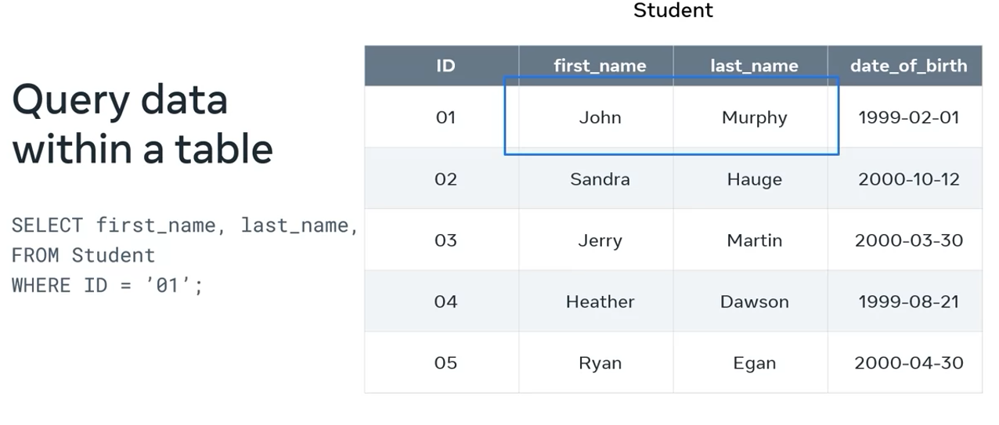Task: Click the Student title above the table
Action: [x=673, y=11]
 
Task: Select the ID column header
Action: [x=445, y=66]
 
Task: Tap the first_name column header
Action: [x=600, y=66]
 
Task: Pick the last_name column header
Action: [x=754, y=66]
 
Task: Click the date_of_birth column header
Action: [x=908, y=66]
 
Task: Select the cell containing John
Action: [x=600, y=117]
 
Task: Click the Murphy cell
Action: [x=754, y=117]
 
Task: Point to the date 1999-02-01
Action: [x=908, y=117]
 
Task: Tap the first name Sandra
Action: [x=600, y=179]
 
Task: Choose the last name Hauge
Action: [x=754, y=179]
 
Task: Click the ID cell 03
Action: [x=445, y=240]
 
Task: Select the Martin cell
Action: [x=754, y=240]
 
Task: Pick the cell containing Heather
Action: [x=600, y=301]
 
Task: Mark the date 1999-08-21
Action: [x=908, y=301]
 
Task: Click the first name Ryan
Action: [x=600, y=362]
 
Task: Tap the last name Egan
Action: [x=754, y=362]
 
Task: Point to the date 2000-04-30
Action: [x=908, y=362]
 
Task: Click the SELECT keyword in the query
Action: [x=47, y=225]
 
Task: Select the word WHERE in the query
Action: [x=41, y=285]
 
